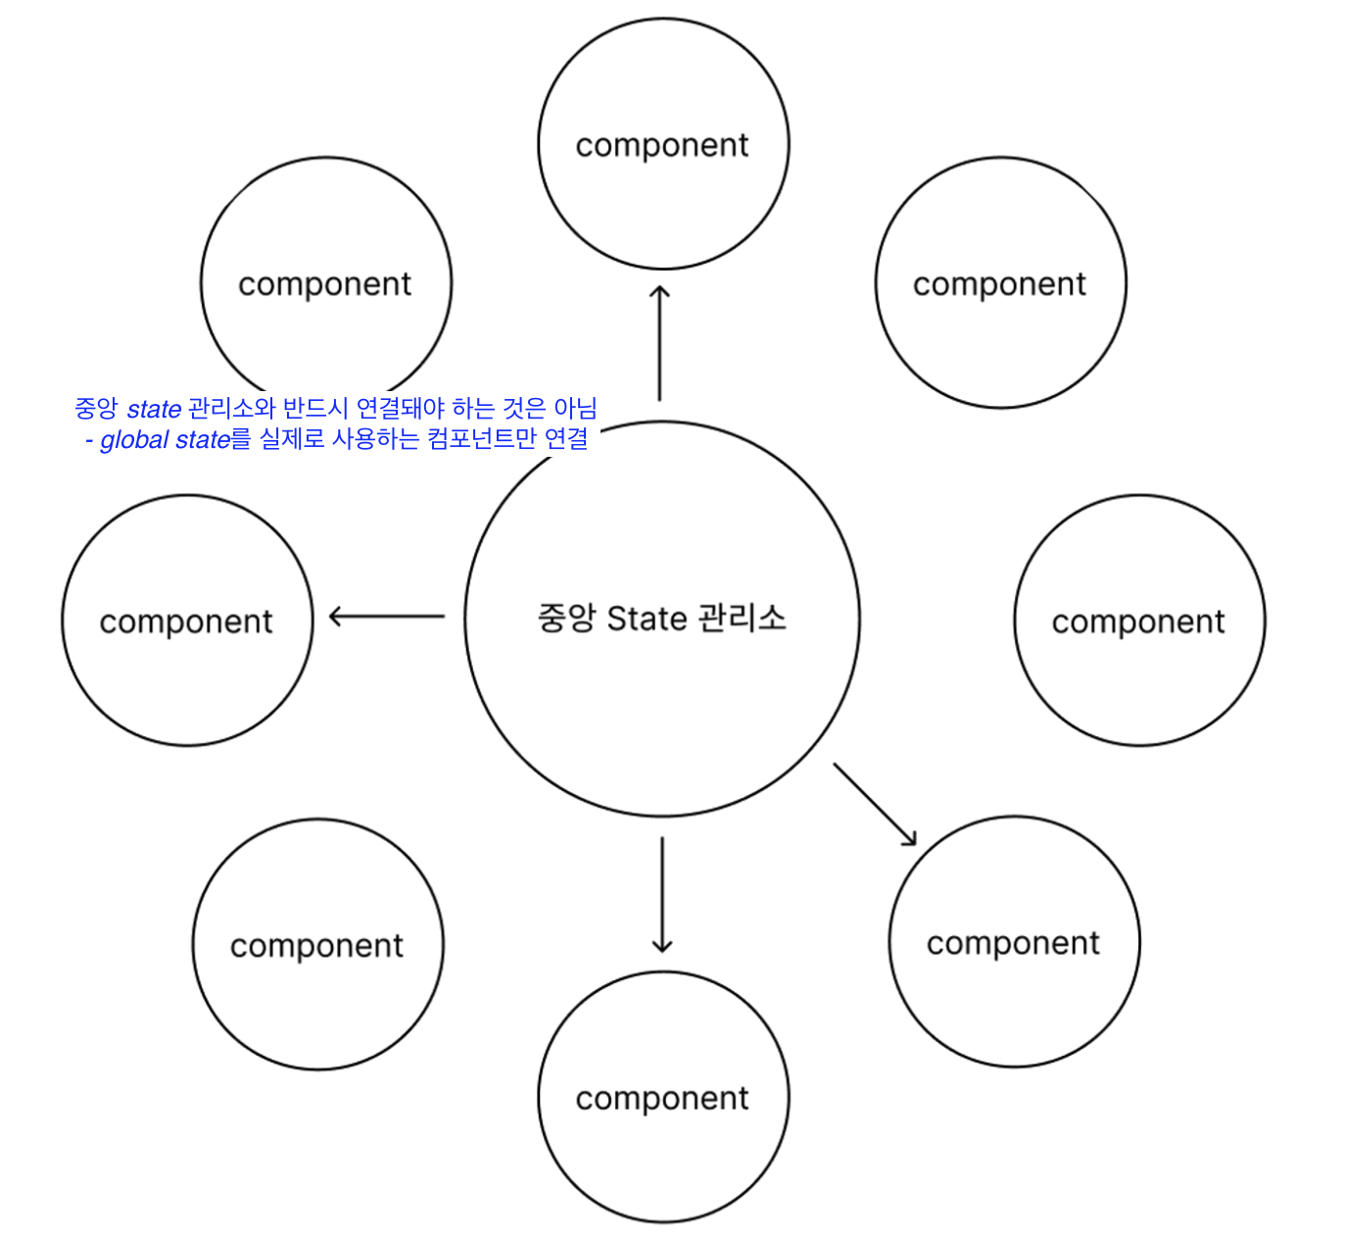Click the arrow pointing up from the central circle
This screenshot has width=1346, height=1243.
click(659, 343)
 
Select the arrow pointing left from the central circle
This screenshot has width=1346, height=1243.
click(387, 617)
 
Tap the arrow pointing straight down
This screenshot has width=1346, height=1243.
click(662, 894)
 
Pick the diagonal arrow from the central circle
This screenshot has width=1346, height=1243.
click(875, 804)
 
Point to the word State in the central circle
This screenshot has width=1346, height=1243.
click(647, 619)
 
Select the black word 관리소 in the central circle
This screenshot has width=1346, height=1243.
click(742, 619)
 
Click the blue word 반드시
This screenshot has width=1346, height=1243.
click(314, 408)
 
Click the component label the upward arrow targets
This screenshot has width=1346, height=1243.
click(662, 145)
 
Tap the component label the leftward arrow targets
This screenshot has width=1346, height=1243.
click(186, 621)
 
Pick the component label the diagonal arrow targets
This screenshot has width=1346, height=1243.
click(1013, 943)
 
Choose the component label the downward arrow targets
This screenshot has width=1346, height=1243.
click(662, 1099)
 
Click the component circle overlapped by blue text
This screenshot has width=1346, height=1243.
click(325, 284)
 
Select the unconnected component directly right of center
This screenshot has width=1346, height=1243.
click(1138, 621)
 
